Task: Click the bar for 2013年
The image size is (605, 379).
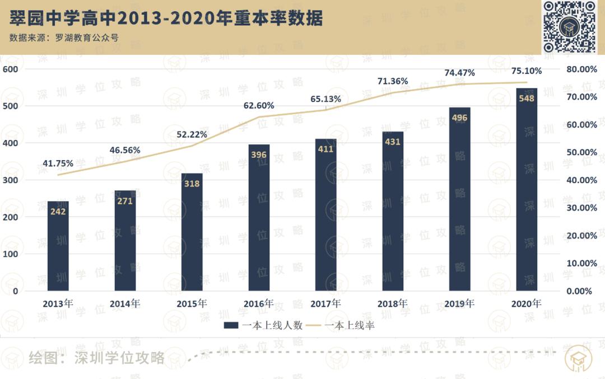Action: click(58, 246)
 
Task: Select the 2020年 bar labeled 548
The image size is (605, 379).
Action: click(527, 190)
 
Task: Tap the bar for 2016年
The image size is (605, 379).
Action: click(259, 218)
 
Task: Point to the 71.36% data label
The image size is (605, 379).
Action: click(393, 81)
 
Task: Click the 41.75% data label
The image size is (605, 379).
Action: click(58, 163)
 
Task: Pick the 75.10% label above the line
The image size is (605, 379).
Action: click(527, 71)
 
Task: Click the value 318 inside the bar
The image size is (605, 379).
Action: click(192, 183)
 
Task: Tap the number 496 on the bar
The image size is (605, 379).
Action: click(460, 118)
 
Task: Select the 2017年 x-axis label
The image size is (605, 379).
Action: click(325, 303)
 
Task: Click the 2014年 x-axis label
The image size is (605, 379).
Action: click(124, 303)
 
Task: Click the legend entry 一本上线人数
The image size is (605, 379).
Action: click(263, 325)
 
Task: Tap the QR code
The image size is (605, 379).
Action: click(569, 26)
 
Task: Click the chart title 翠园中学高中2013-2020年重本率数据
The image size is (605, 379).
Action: click(166, 18)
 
